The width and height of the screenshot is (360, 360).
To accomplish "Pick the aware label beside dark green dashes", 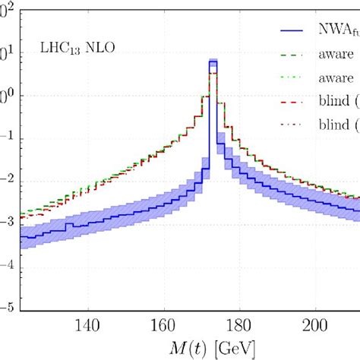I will click(x=337, y=55).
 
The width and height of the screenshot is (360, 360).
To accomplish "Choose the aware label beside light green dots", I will click(x=337, y=77).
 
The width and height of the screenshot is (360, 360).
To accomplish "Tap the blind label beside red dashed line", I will click(x=338, y=99).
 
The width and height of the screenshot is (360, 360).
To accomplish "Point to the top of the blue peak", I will click(x=213, y=61).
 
